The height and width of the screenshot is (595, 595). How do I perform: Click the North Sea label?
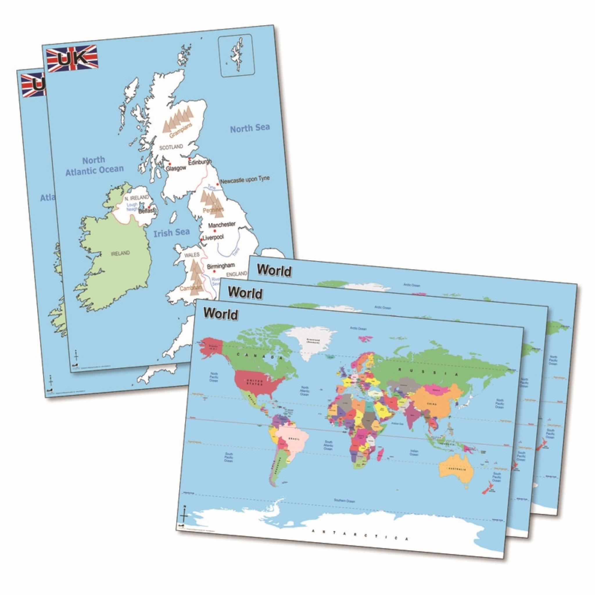pyautogui.click(x=250, y=128)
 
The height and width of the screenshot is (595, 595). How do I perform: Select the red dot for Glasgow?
pyautogui.click(x=169, y=164)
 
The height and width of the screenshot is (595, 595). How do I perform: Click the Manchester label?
pyautogui.click(x=222, y=225)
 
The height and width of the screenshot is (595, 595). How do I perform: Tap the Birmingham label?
pyautogui.click(x=221, y=266)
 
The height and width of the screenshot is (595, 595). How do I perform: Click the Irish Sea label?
pyautogui.click(x=171, y=232)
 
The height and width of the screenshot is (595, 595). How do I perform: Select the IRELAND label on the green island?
pyautogui.click(x=120, y=253)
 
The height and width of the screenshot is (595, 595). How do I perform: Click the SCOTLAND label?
pyautogui.click(x=171, y=147)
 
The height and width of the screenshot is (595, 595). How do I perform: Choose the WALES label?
pyautogui.click(x=192, y=255)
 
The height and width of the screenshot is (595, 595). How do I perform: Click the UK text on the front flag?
pyautogui.click(x=73, y=58)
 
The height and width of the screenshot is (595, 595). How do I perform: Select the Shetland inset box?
pyautogui.click(x=236, y=55)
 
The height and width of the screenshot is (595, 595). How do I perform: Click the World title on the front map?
pyautogui.click(x=221, y=313)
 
